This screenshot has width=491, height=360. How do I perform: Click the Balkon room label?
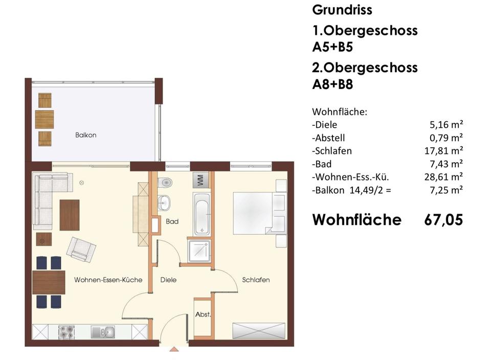[x=85, y=136]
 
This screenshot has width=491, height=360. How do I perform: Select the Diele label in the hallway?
[x=168, y=280]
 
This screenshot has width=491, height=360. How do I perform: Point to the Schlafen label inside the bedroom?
[x=256, y=280]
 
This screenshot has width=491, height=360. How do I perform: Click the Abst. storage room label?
[x=203, y=315]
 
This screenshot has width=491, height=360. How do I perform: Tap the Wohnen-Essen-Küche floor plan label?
[x=108, y=280]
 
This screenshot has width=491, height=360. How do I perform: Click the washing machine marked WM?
[x=200, y=180]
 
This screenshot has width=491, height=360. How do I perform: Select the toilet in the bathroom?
[x=165, y=183]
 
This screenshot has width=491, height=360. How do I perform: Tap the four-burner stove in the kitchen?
[x=67, y=332]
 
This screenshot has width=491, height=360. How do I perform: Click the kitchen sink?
[x=105, y=332]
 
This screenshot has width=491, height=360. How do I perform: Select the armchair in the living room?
[x=82, y=249]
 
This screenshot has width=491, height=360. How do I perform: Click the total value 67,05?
[x=443, y=220]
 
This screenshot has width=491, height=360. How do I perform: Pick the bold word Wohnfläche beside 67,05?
[x=357, y=220]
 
